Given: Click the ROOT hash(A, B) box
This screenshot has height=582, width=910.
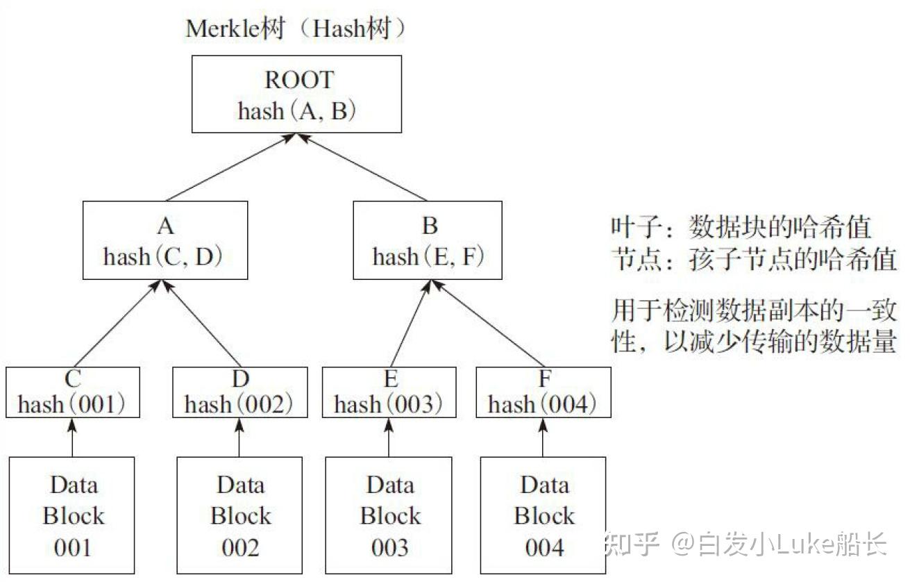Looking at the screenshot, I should tap(296, 94).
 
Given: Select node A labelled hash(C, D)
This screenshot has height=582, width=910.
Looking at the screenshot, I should tap(165, 240).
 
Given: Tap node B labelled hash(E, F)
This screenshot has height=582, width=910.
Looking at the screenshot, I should tap(428, 240).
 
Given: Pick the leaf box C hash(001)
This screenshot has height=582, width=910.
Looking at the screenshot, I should tap(72, 392).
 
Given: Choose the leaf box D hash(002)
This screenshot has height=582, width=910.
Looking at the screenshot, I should tap(239, 392).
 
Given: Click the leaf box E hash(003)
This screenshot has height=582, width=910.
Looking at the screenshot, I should tap(389, 392).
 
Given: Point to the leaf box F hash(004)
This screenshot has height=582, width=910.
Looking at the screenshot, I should tap(543, 392).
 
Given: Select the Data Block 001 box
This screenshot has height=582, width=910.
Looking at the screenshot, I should tap(72, 515).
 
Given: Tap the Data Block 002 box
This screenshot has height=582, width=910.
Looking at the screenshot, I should tap(239, 515).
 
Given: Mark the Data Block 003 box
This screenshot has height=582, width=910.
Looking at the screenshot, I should tap(389, 515).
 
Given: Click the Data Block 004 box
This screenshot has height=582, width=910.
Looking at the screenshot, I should tap(544, 515).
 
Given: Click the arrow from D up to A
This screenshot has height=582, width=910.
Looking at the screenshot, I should tap(201, 324).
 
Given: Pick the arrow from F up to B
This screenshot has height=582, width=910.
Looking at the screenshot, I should tap(486, 324).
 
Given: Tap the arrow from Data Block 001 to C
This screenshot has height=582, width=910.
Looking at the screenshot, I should tap(72, 438).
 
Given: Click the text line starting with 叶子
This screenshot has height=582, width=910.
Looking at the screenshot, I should tap(741, 227).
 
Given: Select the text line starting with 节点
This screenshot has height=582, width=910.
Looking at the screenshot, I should tap(754, 260).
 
